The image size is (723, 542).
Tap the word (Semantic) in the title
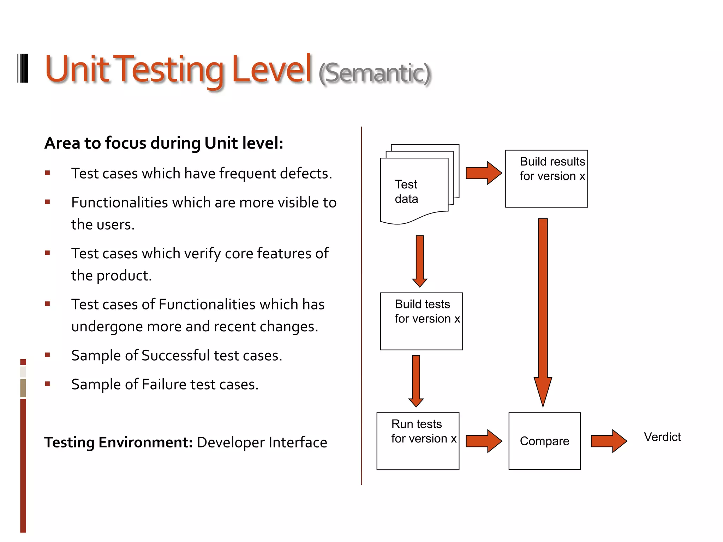[x=375, y=73]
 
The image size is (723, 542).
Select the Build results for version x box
[x=546, y=179]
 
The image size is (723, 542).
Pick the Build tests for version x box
[x=421, y=321]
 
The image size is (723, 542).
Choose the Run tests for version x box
[x=418, y=441]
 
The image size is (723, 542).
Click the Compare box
[x=544, y=441]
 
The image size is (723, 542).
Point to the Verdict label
[x=662, y=437]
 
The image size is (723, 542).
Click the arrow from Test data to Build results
[x=483, y=173]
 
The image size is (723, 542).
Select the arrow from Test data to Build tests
[x=419, y=261]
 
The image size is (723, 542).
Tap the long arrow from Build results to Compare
[x=543, y=311]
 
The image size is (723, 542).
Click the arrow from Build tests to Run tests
[x=416, y=381]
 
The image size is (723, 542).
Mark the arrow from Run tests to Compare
[x=483, y=441]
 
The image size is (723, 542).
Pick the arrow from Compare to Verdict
[x=608, y=441]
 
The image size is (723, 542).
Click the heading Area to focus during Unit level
[x=164, y=143]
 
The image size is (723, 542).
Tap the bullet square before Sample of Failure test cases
[x=48, y=384]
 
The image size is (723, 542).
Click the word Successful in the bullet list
[x=175, y=355]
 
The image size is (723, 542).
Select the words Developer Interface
[x=262, y=442]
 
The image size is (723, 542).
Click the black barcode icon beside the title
[x=23, y=68]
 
